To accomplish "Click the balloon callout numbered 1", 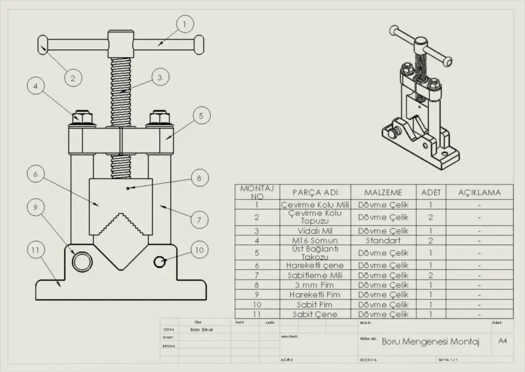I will pyautogui.click(x=185, y=24).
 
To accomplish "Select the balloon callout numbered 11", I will pyautogui.click(x=36, y=250).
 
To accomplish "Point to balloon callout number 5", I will pyautogui.click(x=201, y=116).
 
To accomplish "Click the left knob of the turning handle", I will pyautogui.click(x=42, y=44).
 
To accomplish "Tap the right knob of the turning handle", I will pyautogui.click(x=199, y=44).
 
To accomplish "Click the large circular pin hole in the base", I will pyautogui.click(x=82, y=262).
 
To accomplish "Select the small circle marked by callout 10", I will pyautogui.click(x=160, y=262).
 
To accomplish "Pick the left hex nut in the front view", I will pyautogui.click(x=82, y=118).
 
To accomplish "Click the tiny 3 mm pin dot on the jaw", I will pyautogui.click(x=127, y=188).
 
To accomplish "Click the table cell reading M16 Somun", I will pyautogui.click(x=315, y=241).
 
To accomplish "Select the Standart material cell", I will pyautogui.click(x=383, y=241).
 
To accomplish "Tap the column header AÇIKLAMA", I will pyautogui.click(x=479, y=192).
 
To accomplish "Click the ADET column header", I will pyautogui.click(x=431, y=192).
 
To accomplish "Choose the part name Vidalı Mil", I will pyautogui.click(x=315, y=231).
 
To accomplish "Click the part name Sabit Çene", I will pyautogui.click(x=315, y=314).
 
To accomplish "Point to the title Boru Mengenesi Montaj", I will pyautogui.click(x=430, y=341).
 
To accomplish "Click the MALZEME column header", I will pyautogui.click(x=383, y=192).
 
